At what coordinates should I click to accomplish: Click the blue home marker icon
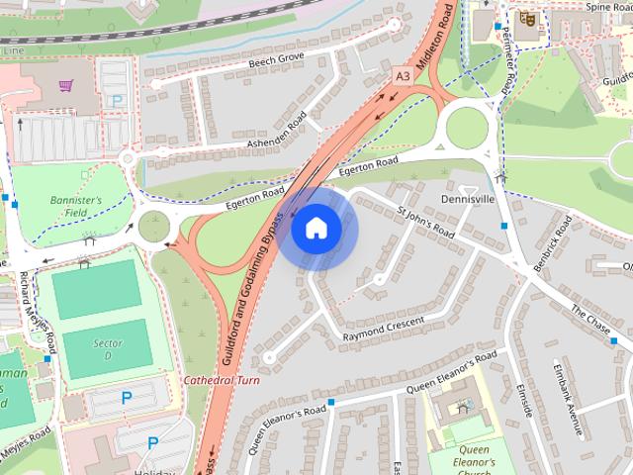[x=316, y=229]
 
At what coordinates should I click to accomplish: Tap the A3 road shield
[x=403, y=74]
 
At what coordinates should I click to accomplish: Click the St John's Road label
[x=425, y=223]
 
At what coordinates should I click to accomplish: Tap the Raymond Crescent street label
[x=383, y=330]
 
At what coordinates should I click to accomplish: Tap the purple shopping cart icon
[x=66, y=88]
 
